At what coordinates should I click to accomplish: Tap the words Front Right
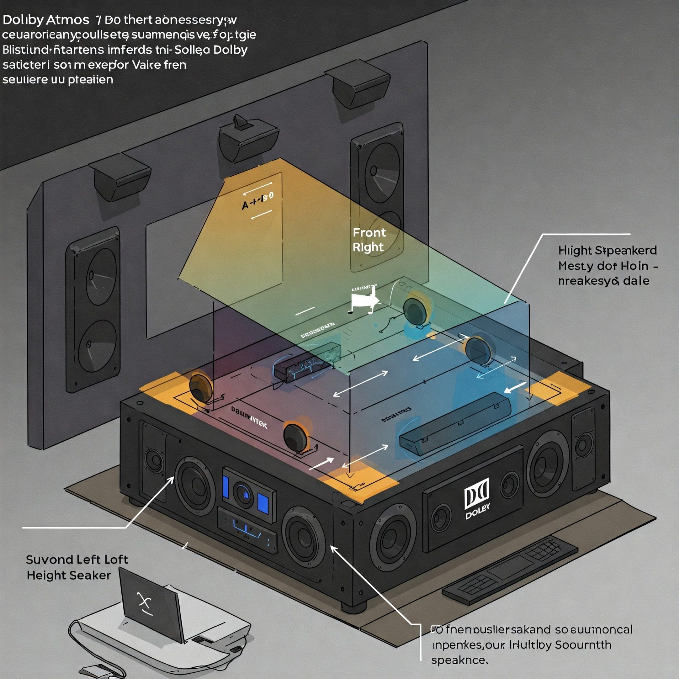point(369,240)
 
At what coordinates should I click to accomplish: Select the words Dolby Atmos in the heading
point(46,20)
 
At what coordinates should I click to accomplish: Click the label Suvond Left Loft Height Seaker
point(76,567)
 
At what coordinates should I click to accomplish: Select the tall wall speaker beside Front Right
point(377,198)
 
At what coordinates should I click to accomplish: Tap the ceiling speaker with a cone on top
point(248,139)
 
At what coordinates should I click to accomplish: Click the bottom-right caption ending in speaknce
point(530,644)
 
